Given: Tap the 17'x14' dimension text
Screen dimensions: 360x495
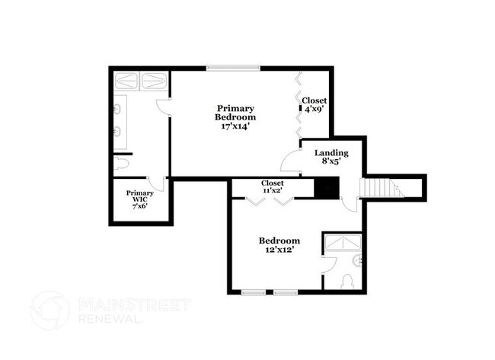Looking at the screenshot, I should coord(235,126).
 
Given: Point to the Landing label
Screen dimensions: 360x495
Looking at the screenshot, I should coord(332,152).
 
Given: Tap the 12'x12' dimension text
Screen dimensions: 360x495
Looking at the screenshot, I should coord(278,250).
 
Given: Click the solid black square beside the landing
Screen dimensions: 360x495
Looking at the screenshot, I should coord(327,188).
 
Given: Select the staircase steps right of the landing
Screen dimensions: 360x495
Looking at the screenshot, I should coord(379,187).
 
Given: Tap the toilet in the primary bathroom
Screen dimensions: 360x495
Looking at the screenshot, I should coord(122,164).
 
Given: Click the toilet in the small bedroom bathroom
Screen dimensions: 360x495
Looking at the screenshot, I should coord(347,282).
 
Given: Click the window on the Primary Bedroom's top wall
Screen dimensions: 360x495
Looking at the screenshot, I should coord(233,68).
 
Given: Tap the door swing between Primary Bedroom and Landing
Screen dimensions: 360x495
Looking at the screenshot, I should coord(292,162).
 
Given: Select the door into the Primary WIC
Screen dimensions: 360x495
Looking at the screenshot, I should coord(158,183).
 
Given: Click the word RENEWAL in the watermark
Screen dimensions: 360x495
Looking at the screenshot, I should coord(111,320).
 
